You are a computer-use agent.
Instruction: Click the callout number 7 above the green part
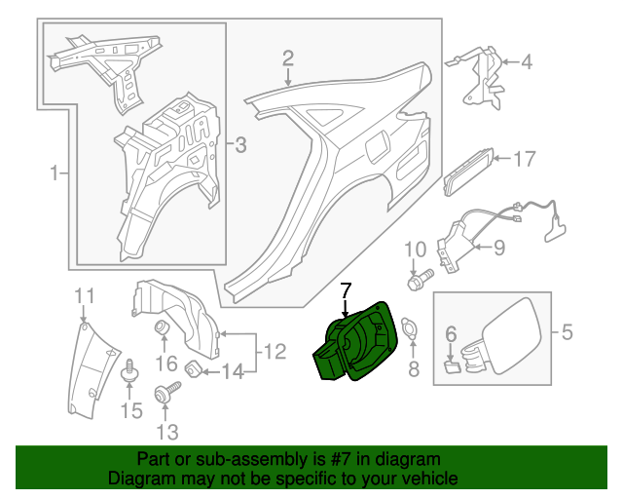point(345,289)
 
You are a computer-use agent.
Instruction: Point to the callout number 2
point(288,58)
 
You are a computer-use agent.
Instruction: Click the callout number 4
point(527,63)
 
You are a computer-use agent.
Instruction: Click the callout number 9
point(498,248)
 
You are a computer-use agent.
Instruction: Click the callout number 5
point(567,333)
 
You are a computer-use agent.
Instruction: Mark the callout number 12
point(275,349)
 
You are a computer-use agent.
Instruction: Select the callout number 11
point(85,295)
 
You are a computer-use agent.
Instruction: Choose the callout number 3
point(240,146)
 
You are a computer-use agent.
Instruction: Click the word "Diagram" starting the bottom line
point(139,479)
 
